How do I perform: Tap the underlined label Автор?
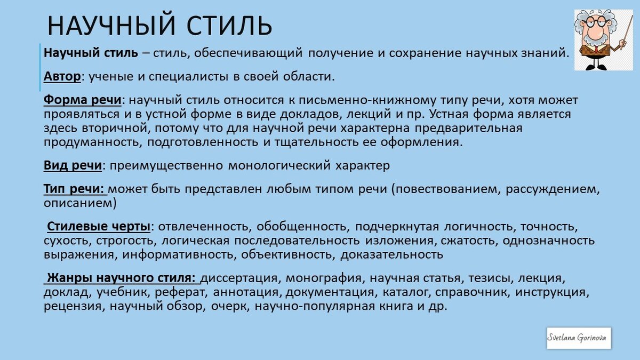coord(62,77)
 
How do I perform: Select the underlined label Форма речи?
coord(83,101)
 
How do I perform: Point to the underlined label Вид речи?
coord(73,165)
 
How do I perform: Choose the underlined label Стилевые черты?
coord(99,226)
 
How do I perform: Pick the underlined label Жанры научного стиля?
coord(122,278)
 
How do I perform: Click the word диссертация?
coord(241,278)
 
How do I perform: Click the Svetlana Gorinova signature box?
coord(579,338)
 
